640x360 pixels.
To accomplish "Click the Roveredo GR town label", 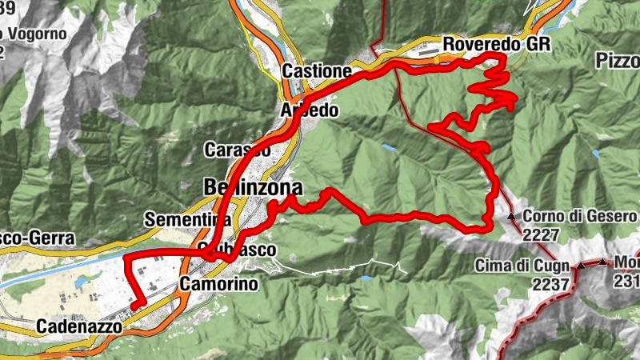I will pos(497,44).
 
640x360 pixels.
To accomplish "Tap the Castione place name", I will pos(317,71).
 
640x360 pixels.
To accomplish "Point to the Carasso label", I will pos(237,150).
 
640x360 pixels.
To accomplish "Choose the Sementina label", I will pos(188,219).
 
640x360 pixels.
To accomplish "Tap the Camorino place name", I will pos(217,284).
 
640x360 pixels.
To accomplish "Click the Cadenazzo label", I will pos(79,327).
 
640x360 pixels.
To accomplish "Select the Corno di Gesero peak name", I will pos(580,216).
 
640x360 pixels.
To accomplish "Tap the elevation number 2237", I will pos(553,283).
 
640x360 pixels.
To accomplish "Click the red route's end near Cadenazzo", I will pos(137,305).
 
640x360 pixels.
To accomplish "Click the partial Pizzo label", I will pos(618,61).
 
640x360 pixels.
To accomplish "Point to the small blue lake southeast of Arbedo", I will pos(388,148).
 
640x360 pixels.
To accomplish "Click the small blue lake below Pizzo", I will pos(595,154).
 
